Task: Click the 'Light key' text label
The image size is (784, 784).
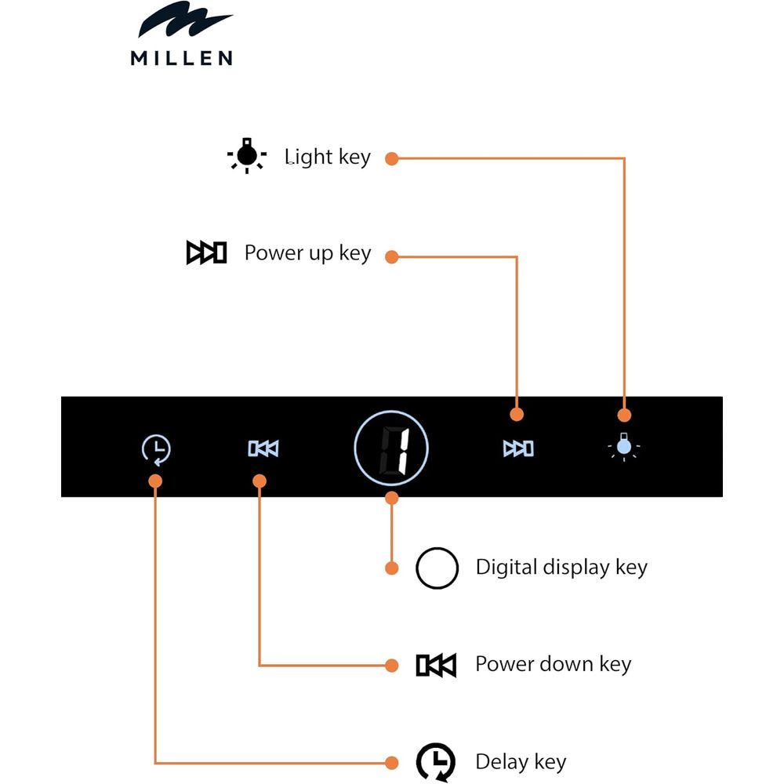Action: [327, 158]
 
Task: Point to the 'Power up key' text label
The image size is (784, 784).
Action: [307, 253]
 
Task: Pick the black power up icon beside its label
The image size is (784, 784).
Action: [206, 253]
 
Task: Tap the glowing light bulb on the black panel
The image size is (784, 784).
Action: [624, 447]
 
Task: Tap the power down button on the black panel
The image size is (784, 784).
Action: [263, 448]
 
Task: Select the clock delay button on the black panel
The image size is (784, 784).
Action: [157, 449]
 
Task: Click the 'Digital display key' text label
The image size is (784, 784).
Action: [561, 568]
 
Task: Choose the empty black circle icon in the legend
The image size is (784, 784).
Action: [437, 568]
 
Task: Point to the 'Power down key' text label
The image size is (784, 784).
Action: [553, 665]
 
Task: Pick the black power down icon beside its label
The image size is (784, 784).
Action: [436, 666]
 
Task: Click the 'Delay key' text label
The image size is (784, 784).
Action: [521, 761]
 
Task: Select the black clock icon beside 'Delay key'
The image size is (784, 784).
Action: [435, 761]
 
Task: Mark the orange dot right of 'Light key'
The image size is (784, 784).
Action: [392, 158]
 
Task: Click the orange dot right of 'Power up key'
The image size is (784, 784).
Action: [392, 256]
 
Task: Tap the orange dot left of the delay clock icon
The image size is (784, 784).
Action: [392, 761]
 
